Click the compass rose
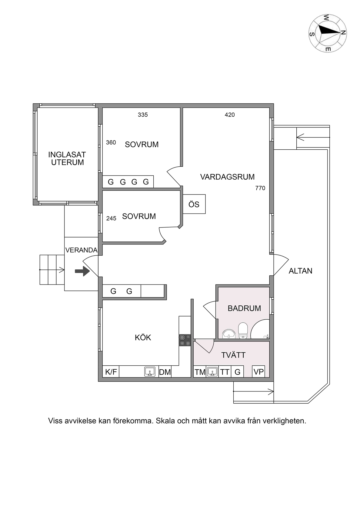[328, 33]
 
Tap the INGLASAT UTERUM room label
[67, 158]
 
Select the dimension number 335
[143, 115]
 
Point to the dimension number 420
[230, 115]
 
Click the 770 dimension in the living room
[260, 188]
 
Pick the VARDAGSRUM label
[227, 177]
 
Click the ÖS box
[194, 204]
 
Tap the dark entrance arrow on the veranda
[82, 271]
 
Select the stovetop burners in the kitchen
[185, 341]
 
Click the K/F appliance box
[111, 372]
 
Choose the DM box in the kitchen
[165, 372]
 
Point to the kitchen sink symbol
[150, 372]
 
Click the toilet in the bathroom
[243, 331]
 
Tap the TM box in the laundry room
[200, 372]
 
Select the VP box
[259, 372]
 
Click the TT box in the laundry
[225, 372]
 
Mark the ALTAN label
[301, 271]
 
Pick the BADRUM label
[244, 308]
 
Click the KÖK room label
[143, 338]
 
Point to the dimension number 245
[111, 218]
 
